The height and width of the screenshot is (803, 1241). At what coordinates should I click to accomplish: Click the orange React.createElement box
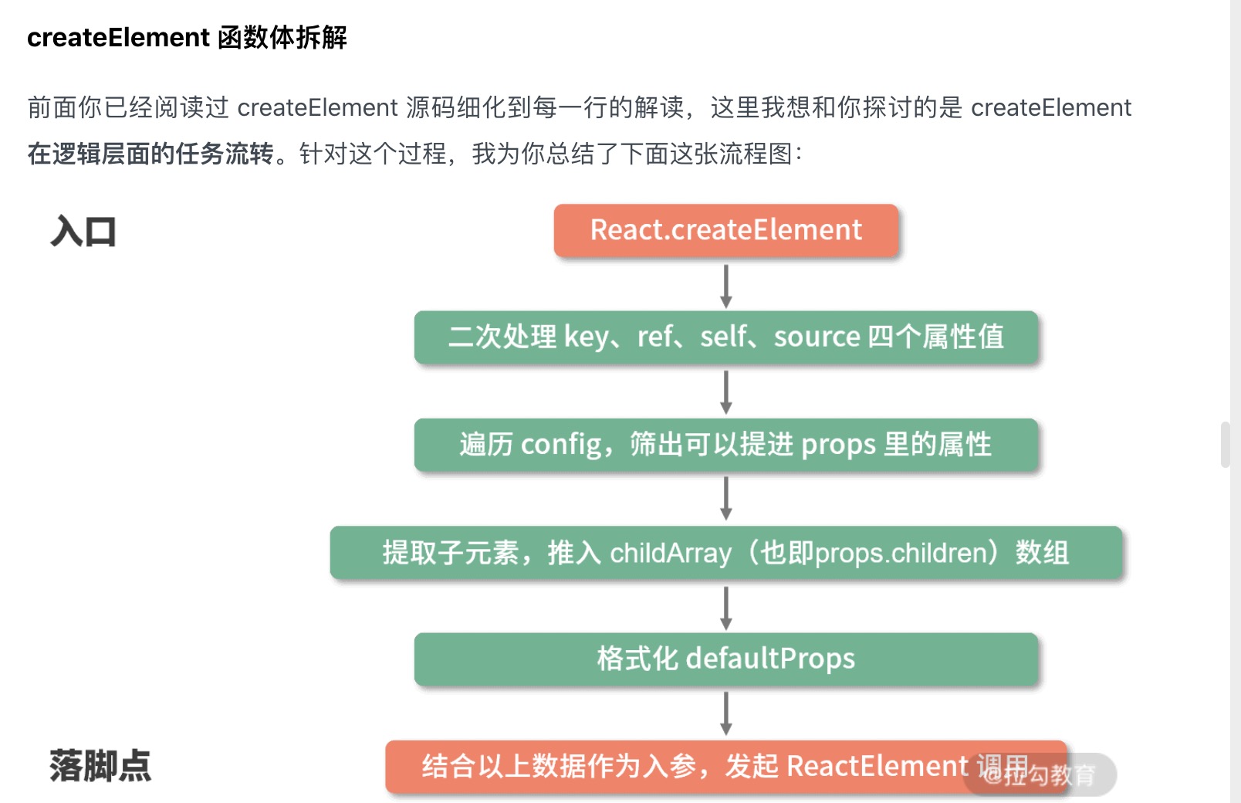tap(725, 230)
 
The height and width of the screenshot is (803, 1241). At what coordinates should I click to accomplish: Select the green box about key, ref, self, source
tap(725, 337)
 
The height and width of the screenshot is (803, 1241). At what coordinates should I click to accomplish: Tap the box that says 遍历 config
tap(725, 444)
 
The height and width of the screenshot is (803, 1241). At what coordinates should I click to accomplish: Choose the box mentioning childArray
tap(725, 552)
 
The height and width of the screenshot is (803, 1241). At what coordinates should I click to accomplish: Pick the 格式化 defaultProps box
tap(725, 659)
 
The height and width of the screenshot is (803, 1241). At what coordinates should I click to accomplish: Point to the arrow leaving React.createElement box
tap(725, 286)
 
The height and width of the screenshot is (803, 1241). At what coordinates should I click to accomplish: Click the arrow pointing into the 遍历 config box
tap(725, 392)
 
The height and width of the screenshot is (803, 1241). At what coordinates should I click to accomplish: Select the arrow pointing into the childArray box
tap(725, 499)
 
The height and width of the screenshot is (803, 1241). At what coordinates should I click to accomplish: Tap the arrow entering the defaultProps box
tap(725, 608)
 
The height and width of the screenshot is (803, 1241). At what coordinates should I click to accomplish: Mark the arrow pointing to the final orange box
tap(725, 713)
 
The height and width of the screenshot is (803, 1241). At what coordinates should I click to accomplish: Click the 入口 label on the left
tap(83, 232)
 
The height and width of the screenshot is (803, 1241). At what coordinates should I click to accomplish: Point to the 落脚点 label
tap(100, 766)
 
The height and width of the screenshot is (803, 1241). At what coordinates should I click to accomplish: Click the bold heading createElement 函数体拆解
tap(187, 37)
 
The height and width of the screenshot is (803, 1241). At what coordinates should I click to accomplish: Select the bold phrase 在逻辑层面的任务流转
tap(150, 154)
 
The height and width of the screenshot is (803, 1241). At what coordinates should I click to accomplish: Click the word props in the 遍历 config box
tap(838, 446)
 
